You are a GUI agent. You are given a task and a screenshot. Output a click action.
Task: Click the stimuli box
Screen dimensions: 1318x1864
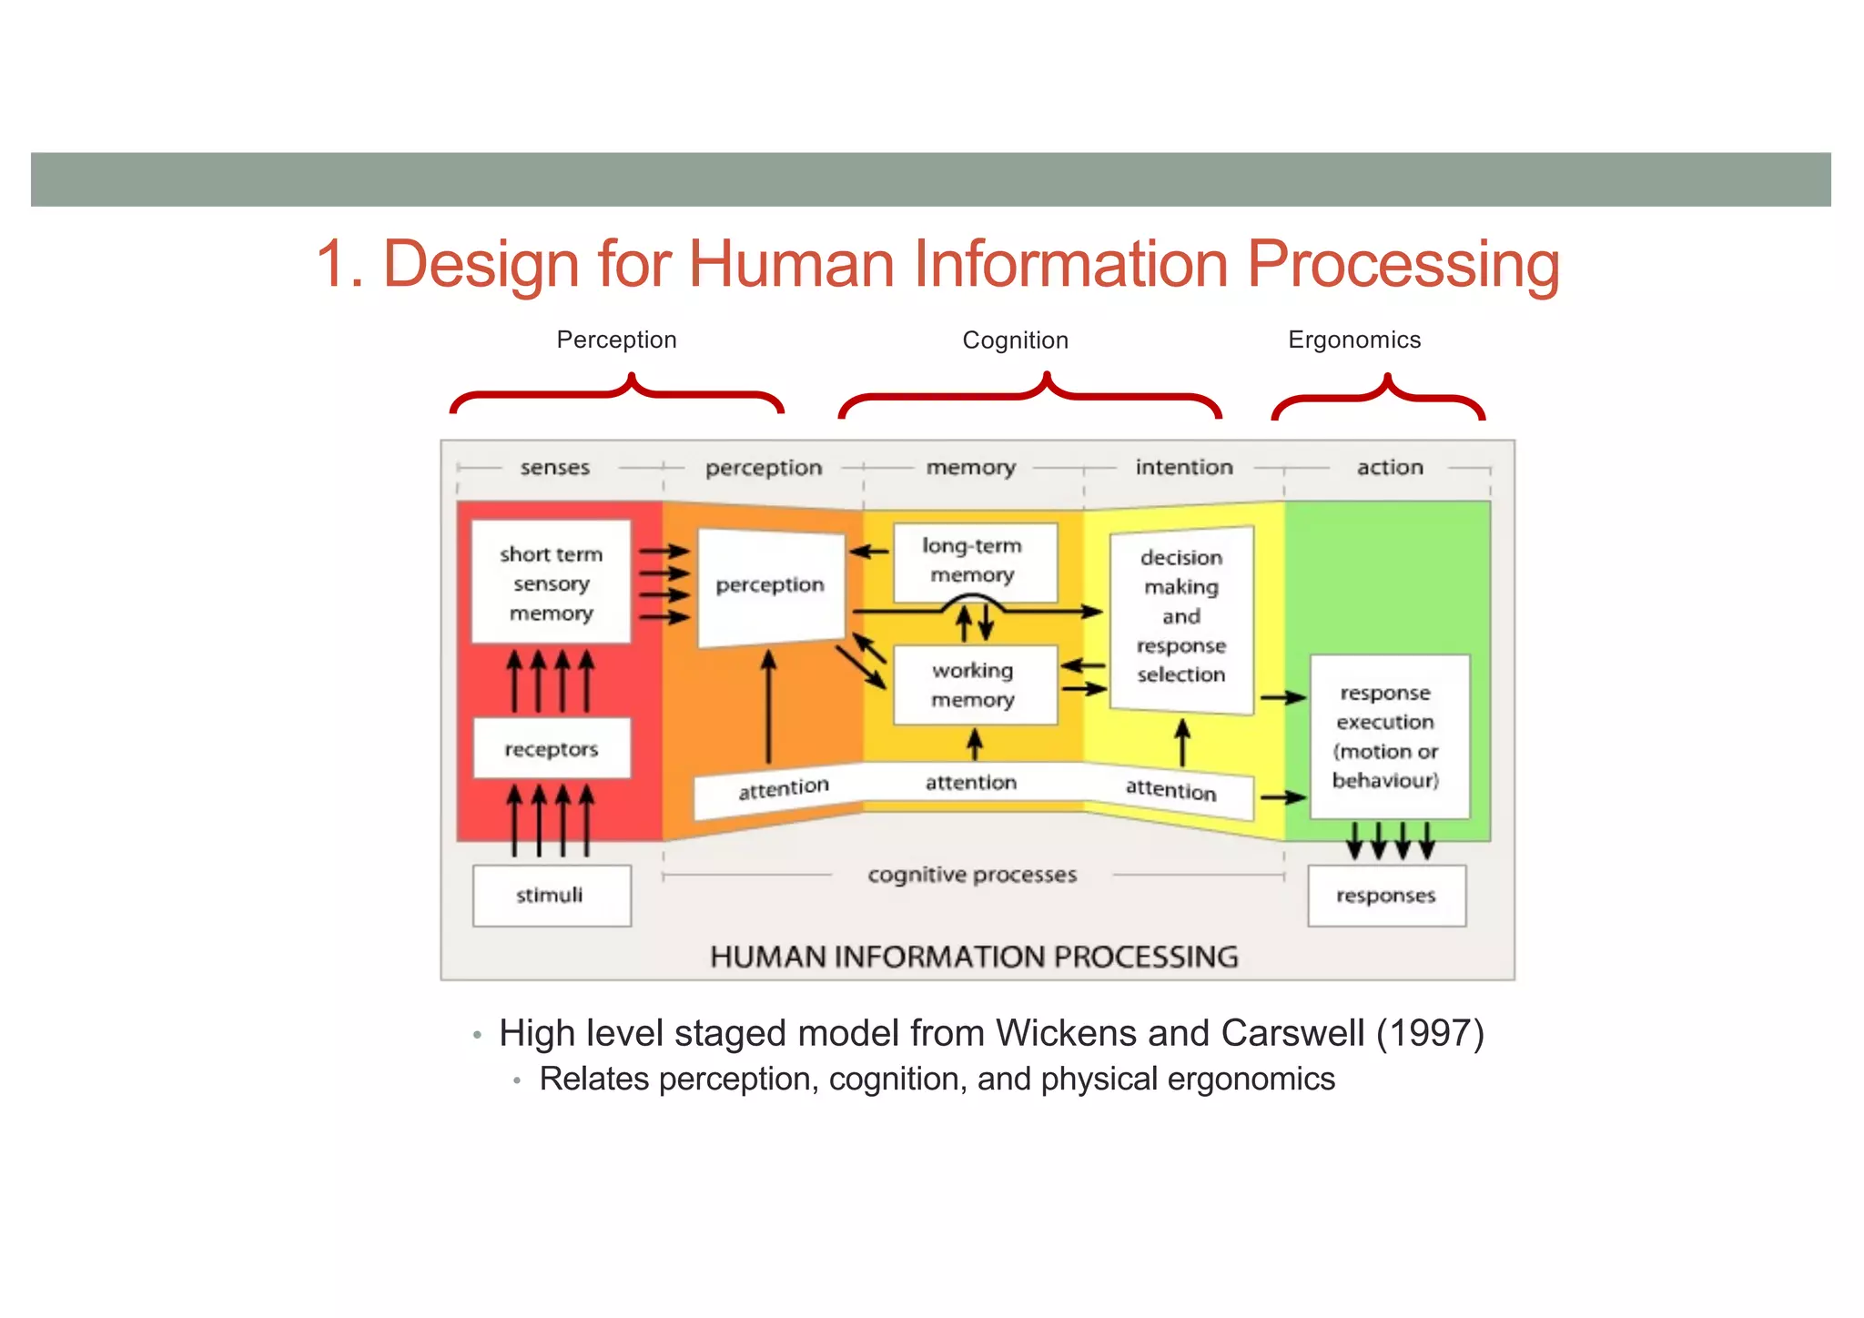552,896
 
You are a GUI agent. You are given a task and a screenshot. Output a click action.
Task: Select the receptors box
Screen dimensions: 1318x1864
552,749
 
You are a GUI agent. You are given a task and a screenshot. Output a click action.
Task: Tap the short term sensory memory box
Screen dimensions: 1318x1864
552,583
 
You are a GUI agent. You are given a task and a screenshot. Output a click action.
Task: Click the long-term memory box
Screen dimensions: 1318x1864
974,561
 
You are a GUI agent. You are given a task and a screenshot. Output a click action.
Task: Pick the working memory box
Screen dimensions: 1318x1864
974,684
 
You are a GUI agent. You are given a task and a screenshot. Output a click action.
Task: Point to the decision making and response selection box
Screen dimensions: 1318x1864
1181,617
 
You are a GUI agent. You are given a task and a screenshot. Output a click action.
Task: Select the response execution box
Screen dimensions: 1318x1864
1388,735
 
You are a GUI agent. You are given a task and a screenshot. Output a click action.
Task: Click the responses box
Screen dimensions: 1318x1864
1386,896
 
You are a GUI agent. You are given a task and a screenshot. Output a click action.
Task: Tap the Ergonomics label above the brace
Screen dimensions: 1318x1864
1354,340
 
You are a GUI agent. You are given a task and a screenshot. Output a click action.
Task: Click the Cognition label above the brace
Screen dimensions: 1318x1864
1016,340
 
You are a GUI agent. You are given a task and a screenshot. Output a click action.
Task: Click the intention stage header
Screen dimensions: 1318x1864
1184,467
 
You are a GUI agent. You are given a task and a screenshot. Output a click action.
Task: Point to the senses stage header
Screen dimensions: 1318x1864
555,468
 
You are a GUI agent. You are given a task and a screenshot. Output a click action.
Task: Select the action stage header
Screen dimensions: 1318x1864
1390,467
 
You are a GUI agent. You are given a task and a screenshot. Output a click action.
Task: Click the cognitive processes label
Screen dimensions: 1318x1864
972,875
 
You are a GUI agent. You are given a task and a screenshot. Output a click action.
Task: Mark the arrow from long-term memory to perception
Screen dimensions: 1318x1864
868,552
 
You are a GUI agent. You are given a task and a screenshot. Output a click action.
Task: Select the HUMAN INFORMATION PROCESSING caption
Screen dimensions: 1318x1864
974,957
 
